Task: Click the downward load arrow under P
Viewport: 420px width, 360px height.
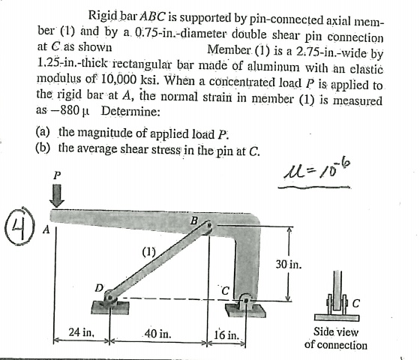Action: (x=57, y=196)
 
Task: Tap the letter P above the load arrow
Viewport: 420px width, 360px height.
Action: (x=56, y=175)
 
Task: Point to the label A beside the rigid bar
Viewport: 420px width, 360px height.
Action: (x=46, y=229)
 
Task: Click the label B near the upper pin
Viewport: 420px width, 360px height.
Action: (x=194, y=220)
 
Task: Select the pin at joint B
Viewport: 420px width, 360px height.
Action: (x=209, y=224)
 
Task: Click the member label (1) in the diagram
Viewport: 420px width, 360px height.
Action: (x=148, y=252)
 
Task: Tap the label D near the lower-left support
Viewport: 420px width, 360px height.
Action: (x=99, y=288)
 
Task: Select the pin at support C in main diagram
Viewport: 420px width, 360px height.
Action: (x=246, y=300)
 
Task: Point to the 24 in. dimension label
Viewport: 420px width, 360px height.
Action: (x=82, y=332)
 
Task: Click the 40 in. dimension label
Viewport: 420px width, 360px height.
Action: (x=157, y=334)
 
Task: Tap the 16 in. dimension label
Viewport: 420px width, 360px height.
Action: (x=226, y=334)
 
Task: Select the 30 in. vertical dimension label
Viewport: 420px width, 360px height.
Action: (x=289, y=264)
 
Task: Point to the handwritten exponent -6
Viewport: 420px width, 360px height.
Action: (x=345, y=163)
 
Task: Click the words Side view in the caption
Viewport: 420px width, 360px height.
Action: (x=336, y=331)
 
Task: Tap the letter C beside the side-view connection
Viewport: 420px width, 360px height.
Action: (x=356, y=303)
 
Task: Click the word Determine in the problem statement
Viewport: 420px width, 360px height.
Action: (x=130, y=111)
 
